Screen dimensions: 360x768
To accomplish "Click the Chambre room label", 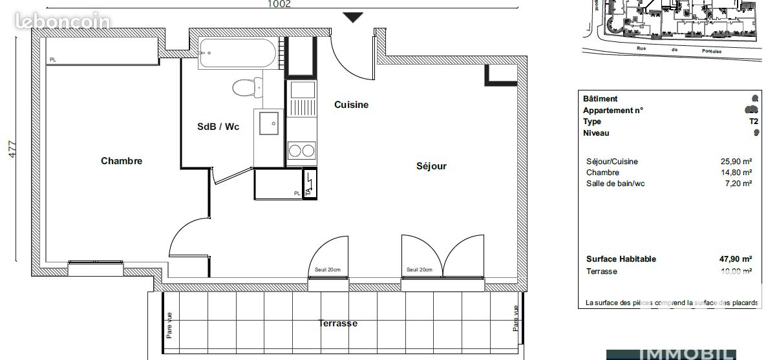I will point(122,161).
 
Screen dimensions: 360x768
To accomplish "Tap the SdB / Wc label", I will point(218,127).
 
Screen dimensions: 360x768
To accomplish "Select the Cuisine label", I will point(351,105).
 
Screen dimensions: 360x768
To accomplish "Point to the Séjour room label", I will point(431,166).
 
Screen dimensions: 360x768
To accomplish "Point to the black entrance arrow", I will point(352,17).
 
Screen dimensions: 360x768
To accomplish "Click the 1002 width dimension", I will point(279,4).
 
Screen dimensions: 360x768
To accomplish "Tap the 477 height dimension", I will point(12,154).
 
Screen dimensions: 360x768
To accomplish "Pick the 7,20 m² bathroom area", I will point(738,184).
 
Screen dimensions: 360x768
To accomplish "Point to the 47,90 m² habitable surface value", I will point(736,259).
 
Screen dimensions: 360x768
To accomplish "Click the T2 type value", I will point(753,122).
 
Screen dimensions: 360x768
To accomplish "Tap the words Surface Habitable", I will point(621,259).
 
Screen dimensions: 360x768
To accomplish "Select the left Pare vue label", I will point(169,325).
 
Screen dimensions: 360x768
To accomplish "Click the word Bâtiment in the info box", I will point(601,99).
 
